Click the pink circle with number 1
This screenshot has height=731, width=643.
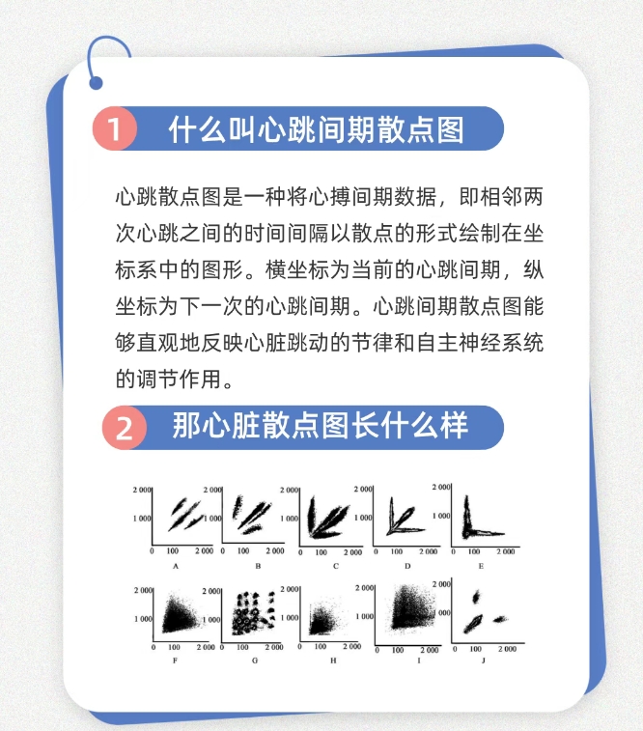click(x=116, y=129)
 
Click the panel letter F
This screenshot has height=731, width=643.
click(x=175, y=661)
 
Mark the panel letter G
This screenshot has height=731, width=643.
click(x=255, y=661)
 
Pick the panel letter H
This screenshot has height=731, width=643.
click(x=333, y=661)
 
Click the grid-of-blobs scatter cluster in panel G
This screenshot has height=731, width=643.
click(x=255, y=613)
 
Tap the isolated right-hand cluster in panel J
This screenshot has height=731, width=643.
click(x=501, y=619)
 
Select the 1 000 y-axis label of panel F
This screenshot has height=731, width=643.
click(x=143, y=618)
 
